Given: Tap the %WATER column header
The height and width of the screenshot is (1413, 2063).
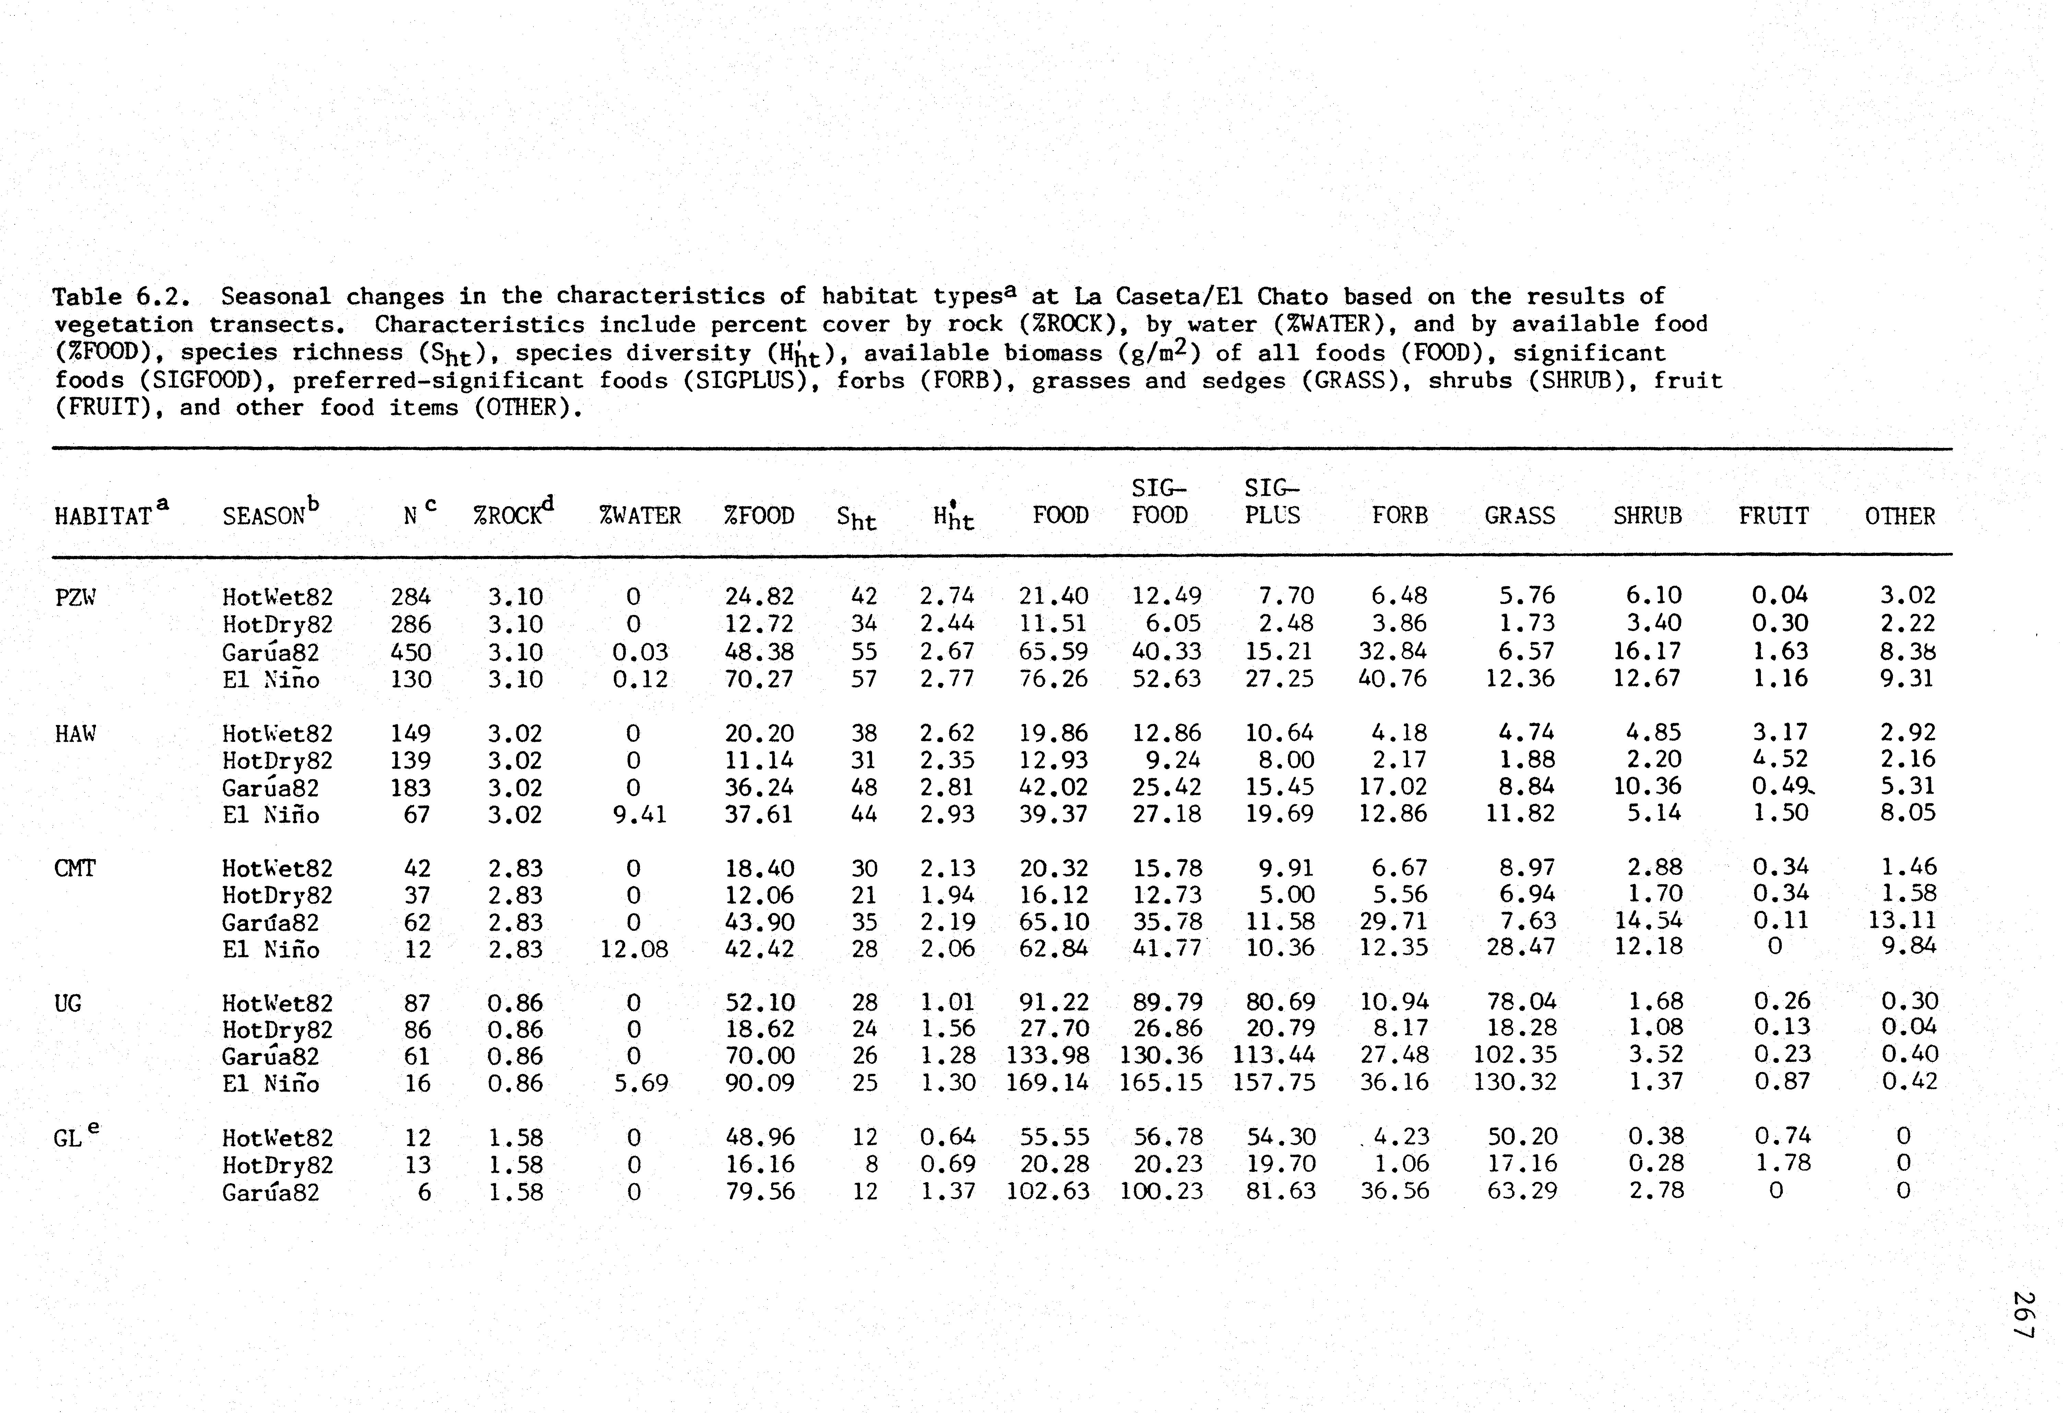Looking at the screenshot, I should coord(640,516).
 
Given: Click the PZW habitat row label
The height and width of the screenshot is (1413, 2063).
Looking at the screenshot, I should coord(74,597).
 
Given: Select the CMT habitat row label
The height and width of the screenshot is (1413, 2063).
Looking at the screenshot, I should coord(74,868).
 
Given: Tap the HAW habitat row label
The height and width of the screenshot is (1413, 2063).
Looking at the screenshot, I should coord(74,734).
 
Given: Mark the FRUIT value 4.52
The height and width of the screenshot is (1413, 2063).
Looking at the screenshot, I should coord(1780,759).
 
